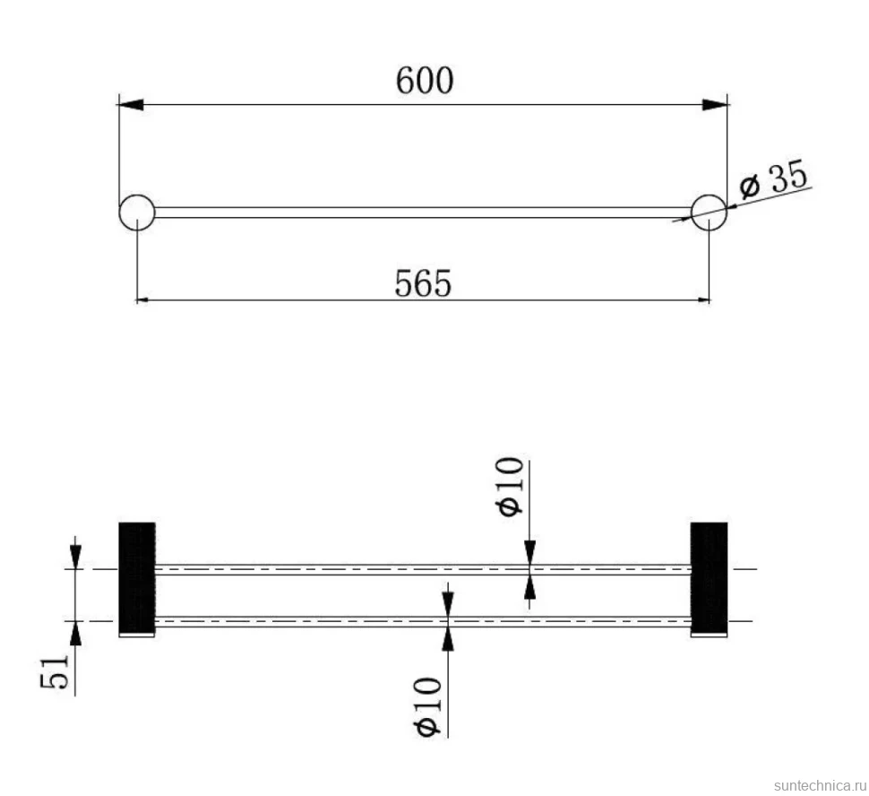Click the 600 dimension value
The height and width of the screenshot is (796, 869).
pos(425,81)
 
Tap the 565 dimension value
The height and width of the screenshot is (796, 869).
pos(423,283)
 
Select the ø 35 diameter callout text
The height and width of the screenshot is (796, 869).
pos(774,178)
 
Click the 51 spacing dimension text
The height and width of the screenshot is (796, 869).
pos(56,671)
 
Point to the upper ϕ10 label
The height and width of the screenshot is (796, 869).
pos(511,487)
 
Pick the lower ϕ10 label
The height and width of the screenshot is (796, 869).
pos(428,706)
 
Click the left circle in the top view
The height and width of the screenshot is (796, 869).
pos(137,212)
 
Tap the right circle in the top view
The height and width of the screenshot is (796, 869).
pos(709,212)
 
